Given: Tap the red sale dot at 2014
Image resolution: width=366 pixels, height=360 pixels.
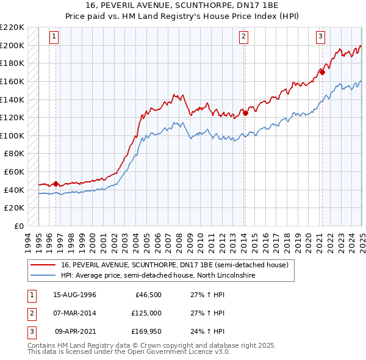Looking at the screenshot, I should (245, 112).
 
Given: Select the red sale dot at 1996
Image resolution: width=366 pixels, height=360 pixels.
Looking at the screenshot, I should (56, 184).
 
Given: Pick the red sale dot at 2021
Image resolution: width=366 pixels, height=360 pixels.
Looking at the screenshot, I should (322, 72).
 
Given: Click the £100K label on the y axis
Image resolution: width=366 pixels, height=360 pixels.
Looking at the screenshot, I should (13, 135).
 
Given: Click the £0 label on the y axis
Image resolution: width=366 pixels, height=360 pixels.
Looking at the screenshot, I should (19, 226).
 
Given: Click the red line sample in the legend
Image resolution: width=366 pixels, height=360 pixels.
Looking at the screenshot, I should (43, 264).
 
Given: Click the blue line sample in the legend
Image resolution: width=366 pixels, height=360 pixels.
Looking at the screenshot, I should (43, 275).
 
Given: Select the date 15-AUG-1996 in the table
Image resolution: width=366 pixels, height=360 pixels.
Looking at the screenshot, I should (75, 295).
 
